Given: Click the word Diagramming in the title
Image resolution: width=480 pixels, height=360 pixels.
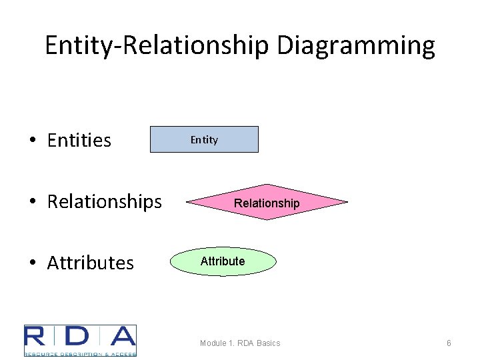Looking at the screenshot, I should [355, 46].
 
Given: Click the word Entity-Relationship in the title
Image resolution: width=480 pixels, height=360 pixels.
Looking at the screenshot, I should [157, 46].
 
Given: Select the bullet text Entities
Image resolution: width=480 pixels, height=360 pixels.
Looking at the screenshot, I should [79, 141].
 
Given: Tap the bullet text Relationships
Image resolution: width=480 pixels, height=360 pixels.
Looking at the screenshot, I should [104, 201].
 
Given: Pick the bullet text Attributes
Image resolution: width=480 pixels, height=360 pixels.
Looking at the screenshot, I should [90, 263].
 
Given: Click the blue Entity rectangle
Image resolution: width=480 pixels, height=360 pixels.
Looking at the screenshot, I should [204, 140].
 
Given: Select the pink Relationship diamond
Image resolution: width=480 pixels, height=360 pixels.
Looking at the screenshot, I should [267, 202].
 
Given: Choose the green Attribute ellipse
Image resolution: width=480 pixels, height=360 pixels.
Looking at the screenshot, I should [223, 261].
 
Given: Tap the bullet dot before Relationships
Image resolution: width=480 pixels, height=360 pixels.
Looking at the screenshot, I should [32, 202].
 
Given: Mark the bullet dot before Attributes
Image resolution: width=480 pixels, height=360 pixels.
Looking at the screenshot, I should [32, 263].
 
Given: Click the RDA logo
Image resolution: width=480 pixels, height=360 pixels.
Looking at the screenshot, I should [80, 341].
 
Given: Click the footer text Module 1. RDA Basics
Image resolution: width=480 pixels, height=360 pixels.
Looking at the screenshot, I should [240, 343].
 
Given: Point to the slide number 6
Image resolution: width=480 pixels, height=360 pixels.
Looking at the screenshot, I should [449, 343].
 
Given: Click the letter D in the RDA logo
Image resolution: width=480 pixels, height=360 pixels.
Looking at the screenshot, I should [79, 337].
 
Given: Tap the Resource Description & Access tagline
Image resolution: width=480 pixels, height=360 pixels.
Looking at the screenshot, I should [80, 353].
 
